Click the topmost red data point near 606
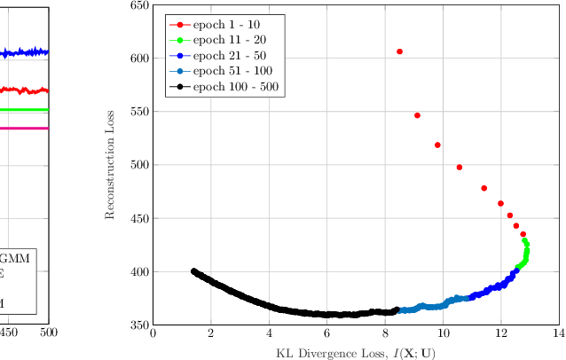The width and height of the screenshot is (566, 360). click(399, 51)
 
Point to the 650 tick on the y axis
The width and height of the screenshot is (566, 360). click(139, 5)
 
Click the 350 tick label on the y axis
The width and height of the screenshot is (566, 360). click(139, 325)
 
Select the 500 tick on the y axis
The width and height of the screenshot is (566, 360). click(139, 165)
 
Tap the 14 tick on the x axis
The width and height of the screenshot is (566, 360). click(558, 333)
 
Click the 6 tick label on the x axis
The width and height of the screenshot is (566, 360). click(326, 333)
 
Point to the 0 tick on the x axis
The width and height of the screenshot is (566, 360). click(153, 333)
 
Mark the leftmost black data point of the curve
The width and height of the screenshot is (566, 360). click(193, 271)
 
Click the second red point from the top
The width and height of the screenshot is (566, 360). click(417, 115)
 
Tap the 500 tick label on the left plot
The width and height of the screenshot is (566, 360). click(48, 333)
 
